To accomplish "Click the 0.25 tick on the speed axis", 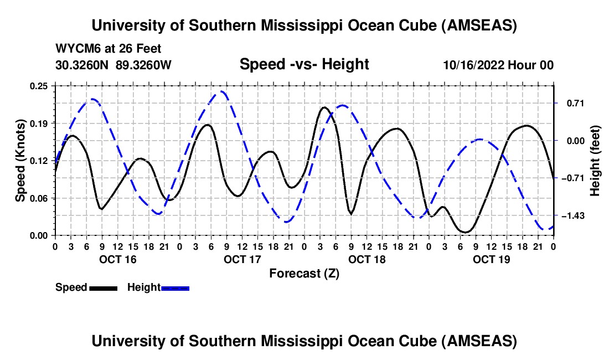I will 39,86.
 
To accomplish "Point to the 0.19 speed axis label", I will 39,123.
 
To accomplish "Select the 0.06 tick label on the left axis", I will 39,198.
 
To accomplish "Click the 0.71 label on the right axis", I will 571,104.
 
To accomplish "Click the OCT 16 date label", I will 118,259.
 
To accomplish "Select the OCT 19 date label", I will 492,259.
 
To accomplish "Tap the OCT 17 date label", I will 242,259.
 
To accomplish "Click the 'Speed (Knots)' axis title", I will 20,161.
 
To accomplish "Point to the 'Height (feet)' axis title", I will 595,161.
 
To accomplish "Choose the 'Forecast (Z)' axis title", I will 304,273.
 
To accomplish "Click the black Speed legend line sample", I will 103,287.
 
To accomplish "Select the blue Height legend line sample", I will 176,287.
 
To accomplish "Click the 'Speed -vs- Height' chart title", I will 304,64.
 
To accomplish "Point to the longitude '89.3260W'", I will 144,65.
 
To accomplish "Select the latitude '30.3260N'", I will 83,65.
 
